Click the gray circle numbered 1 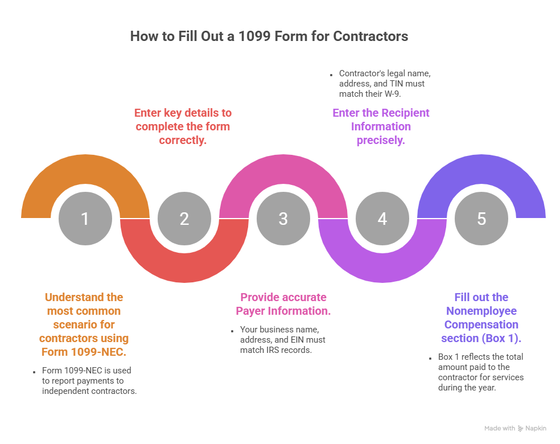[85, 219]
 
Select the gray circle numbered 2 [184, 219]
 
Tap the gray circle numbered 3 [283, 219]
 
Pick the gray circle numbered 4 [382, 219]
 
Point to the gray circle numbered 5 [481, 219]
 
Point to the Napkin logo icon [521, 429]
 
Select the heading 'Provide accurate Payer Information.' [283, 304]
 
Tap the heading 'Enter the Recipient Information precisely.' [381, 126]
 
